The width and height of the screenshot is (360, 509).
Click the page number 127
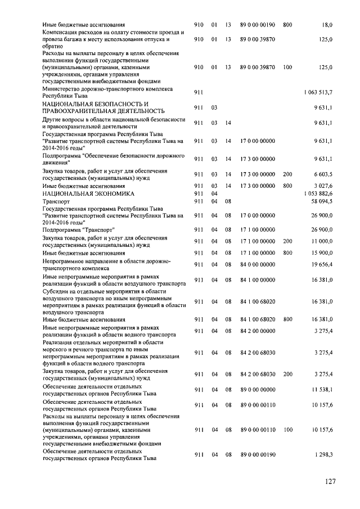[x=330, y=481]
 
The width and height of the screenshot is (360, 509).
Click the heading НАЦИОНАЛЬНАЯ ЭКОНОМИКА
[x=88, y=193]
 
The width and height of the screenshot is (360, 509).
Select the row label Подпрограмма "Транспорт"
[x=78, y=229]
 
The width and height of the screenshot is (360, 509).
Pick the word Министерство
[x=61, y=89]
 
